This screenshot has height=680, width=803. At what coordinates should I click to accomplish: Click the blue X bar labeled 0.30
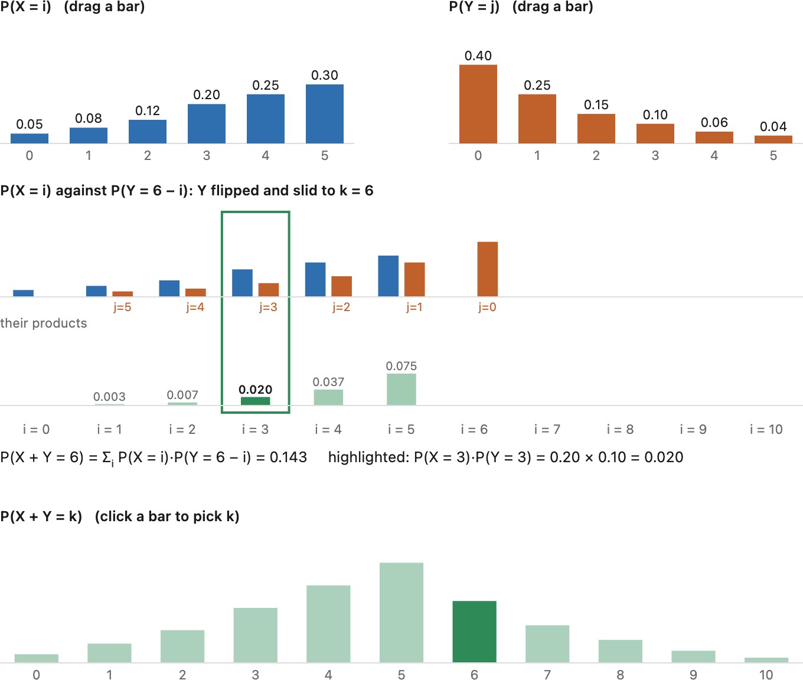tap(324, 114)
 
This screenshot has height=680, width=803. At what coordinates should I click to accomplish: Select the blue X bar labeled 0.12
tap(148, 132)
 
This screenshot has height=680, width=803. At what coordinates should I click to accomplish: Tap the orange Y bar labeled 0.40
tap(478, 104)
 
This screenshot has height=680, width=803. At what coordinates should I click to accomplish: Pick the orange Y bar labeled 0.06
tap(714, 138)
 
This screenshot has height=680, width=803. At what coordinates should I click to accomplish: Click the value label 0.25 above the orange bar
tap(537, 86)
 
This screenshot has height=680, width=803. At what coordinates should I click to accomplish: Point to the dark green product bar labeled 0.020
tap(255, 401)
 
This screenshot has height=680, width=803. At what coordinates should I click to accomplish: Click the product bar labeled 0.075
tap(401, 390)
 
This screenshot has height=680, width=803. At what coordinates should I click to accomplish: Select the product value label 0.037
tap(328, 382)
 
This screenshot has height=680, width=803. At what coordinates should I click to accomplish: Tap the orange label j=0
tap(487, 307)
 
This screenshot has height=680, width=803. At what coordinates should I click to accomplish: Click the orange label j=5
tap(122, 307)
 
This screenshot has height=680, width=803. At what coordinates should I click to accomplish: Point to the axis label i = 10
tap(766, 430)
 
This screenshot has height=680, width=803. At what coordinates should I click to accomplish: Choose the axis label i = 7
tap(547, 430)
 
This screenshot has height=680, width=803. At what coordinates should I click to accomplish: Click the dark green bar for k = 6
tap(474, 632)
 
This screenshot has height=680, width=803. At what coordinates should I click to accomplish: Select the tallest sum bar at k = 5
tap(401, 613)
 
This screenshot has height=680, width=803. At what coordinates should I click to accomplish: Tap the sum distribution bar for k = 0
tap(37, 658)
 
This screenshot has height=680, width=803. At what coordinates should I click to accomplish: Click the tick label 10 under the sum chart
tap(766, 675)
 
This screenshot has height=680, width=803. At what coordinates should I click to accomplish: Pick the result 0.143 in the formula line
tap(288, 457)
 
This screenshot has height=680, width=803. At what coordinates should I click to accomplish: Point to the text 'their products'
tap(44, 323)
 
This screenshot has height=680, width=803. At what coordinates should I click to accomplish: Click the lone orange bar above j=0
tap(488, 269)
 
